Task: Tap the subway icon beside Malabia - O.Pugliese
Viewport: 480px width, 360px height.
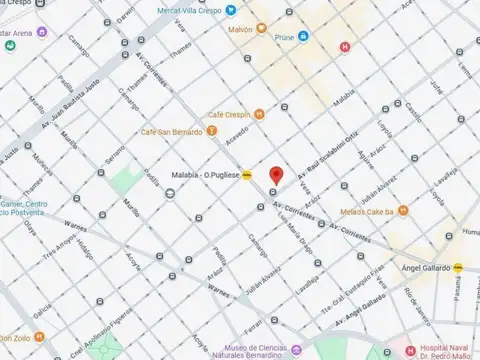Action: point(246,173)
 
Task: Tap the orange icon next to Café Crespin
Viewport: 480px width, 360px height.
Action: point(258,114)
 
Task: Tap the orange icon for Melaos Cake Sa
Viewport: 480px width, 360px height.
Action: point(403,210)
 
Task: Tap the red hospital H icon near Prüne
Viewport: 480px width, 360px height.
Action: point(345,46)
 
